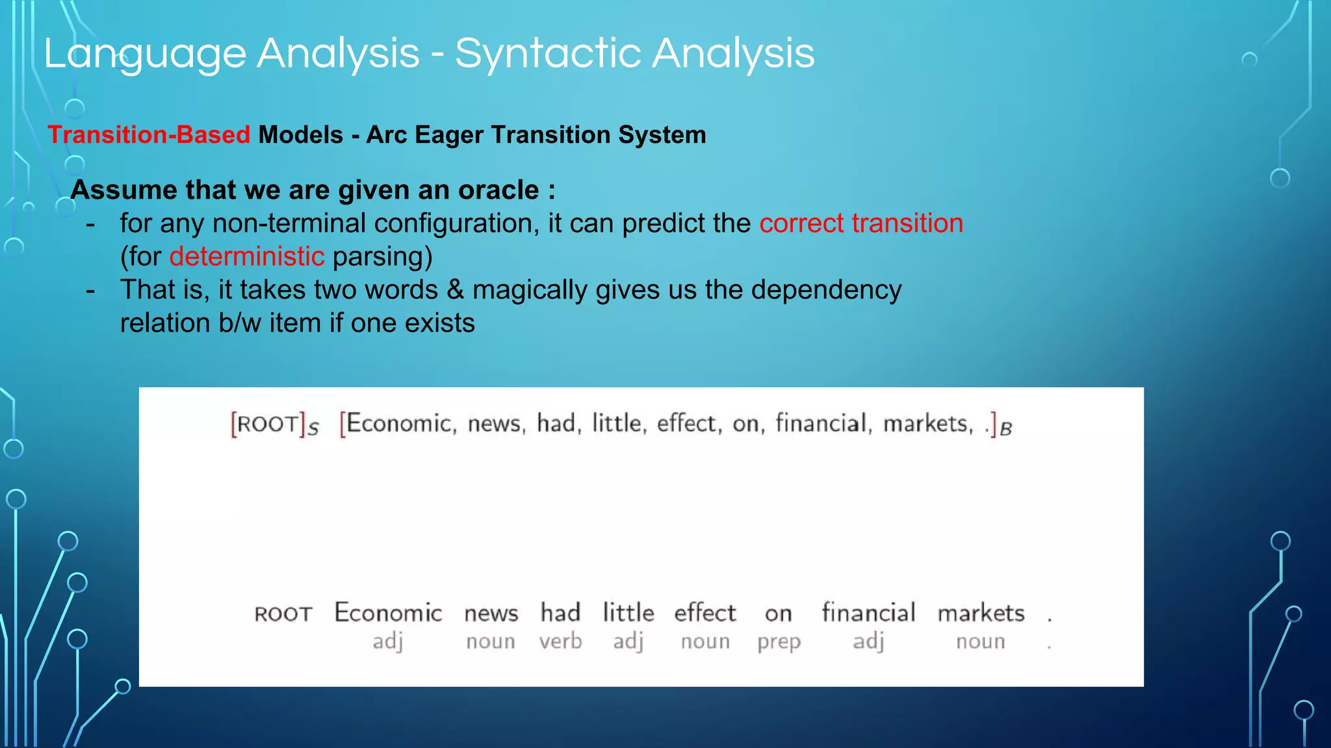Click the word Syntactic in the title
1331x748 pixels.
[549, 53]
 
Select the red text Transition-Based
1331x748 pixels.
[149, 135]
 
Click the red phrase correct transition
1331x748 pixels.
[861, 223]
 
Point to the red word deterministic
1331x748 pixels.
[247, 256]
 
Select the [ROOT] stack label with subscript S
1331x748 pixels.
[274, 425]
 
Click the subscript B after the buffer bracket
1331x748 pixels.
[1005, 429]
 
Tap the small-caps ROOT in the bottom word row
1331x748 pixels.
[283, 614]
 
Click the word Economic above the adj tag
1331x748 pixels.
[388, 613]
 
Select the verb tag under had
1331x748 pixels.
[560, 642]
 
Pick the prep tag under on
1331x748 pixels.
[779, 642]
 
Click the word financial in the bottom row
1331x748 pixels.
[868, 613]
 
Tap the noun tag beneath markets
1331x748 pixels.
[980, 642]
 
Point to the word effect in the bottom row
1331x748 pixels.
[704, 613]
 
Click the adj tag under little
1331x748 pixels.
[628, 642]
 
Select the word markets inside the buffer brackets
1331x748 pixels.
[927, 424]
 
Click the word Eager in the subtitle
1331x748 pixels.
[449, 135]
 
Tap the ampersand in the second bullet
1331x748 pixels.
[455, 290]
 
